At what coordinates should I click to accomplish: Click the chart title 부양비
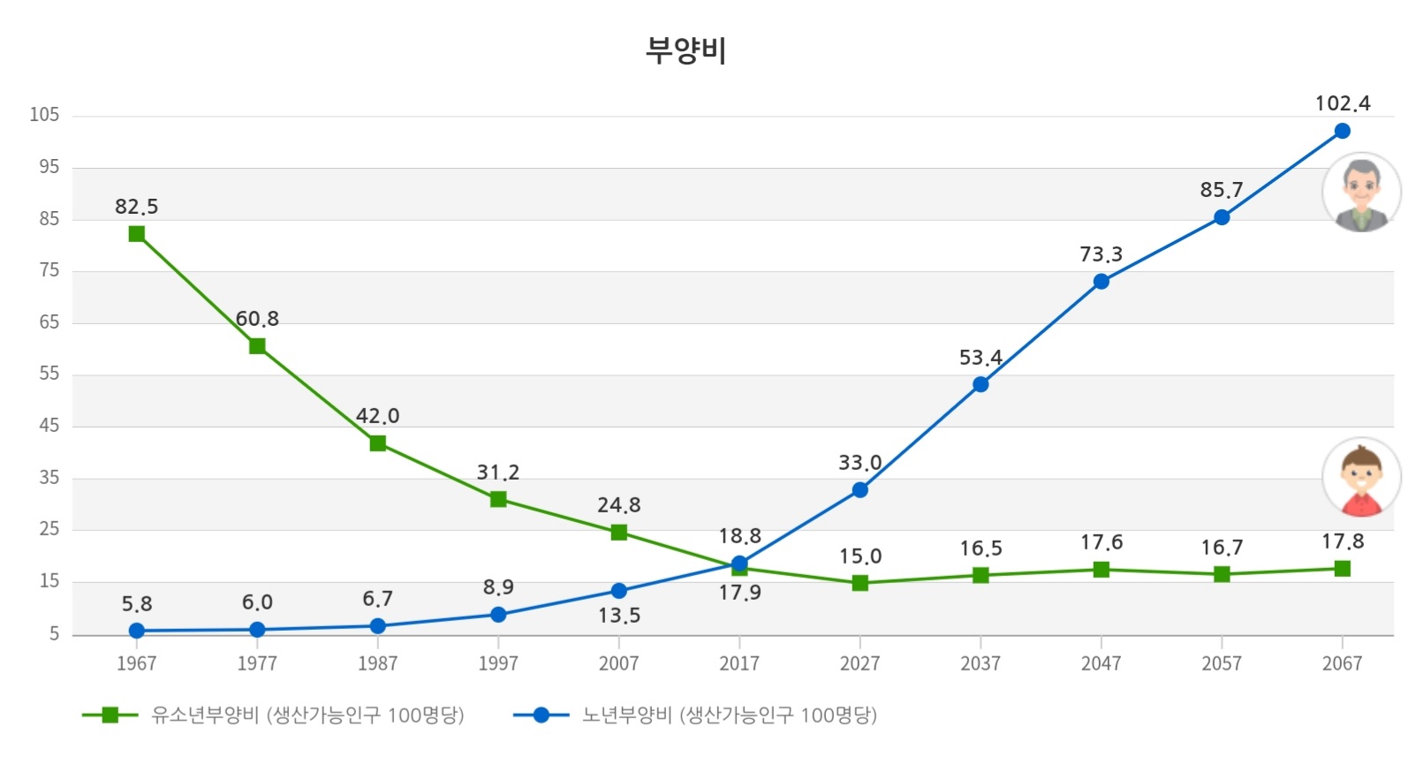(x=685, y=50)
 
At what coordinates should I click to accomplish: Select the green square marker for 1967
(x=137, y=234)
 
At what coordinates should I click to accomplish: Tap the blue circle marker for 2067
(x=1342, y=131)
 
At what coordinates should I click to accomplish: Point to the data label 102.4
(x=1342, y=104)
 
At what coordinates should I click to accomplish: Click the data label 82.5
(x=137, y=207)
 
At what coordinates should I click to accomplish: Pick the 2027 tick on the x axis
(x=859, y=663)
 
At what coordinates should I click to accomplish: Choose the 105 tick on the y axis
(x=44, y=115)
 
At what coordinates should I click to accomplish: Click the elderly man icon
(x=1361, y=193)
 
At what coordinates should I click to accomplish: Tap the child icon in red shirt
(x=1361, y=478)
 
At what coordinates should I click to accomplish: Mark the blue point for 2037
(x=980, y=384)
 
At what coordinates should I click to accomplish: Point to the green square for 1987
(x=378, y=443)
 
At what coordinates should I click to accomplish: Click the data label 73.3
(x=1101, y=254)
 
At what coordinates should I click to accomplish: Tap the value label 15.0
(x=860, y=556)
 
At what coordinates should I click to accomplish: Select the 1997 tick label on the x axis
(x=498, y=663)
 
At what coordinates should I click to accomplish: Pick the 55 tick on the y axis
(x=49, y=374)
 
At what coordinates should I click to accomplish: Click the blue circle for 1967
(x=137, y=631)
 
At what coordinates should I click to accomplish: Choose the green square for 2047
(x=1101, y=570)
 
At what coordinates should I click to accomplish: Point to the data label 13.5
(x=619, y=616)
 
